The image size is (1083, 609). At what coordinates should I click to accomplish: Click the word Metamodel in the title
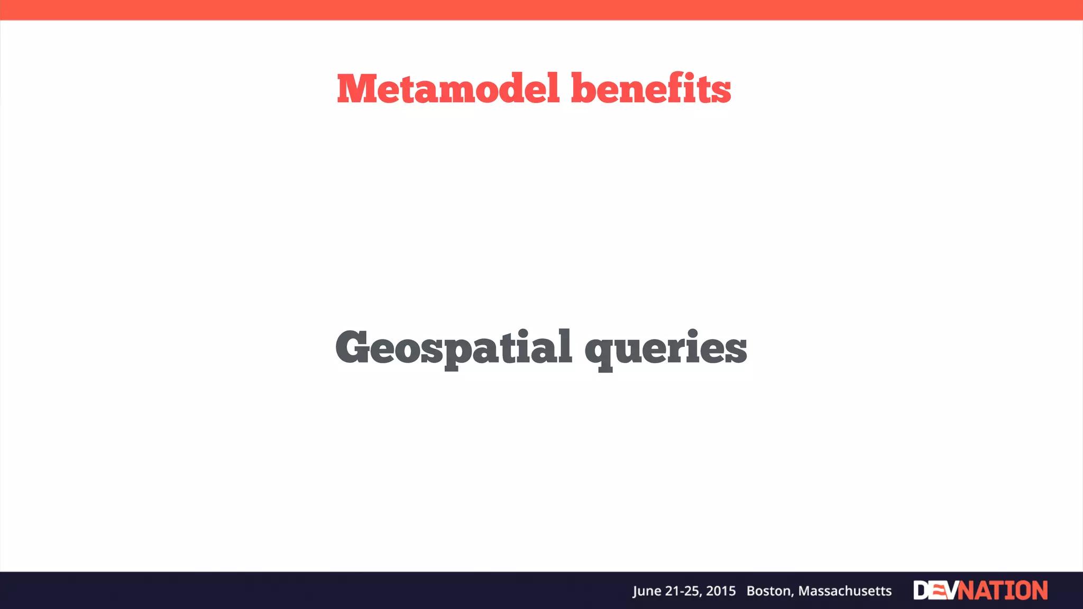click(x=448, y=88)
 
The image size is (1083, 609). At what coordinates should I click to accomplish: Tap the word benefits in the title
click(x=651, y=88)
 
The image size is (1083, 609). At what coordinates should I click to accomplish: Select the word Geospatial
click(x=454, y=348)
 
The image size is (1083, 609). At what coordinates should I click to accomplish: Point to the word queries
click(x=666, y=349)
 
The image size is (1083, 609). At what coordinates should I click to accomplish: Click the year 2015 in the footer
click(x=721, y=591)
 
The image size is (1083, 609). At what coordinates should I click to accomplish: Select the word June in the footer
click(x=646, y=591)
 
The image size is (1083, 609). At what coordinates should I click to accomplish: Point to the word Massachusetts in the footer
click(x=845, y=591)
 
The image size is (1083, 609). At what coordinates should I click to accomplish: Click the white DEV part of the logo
click(x=935, y=590)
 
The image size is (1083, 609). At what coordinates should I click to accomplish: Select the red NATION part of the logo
click(x=1003, y=590)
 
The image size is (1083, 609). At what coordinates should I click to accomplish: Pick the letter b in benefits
click(x=584, y=88)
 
